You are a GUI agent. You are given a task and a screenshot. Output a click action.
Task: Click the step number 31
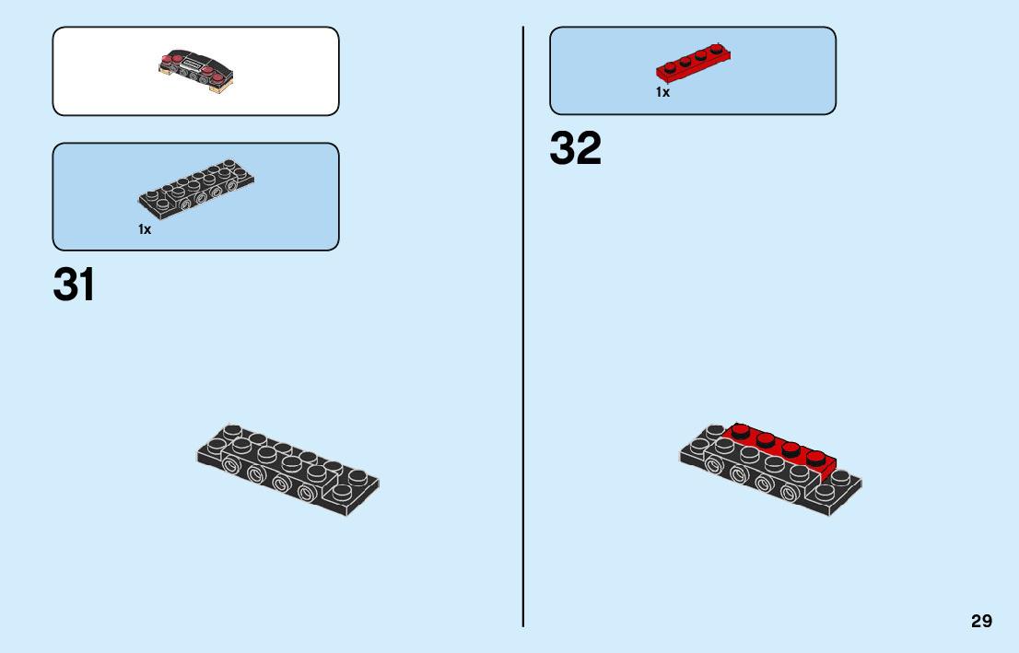(74, 286)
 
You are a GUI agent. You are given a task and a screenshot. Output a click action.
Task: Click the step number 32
(575, 148)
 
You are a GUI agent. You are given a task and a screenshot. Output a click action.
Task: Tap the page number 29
(981, 621)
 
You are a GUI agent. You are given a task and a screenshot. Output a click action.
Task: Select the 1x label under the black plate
(145, 229)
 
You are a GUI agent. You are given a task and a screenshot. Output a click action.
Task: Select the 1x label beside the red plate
(662, 92)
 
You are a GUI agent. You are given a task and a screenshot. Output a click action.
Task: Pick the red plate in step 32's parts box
(695, 63)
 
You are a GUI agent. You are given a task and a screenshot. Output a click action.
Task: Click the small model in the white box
(197, 72)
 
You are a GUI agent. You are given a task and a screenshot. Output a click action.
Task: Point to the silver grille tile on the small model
(194, 64)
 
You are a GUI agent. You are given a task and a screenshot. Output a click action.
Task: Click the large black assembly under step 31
(287, 467)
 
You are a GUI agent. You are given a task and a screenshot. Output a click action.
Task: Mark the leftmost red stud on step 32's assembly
(741, 430)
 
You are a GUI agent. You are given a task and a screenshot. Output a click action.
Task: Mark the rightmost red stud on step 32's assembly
(815, 458)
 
